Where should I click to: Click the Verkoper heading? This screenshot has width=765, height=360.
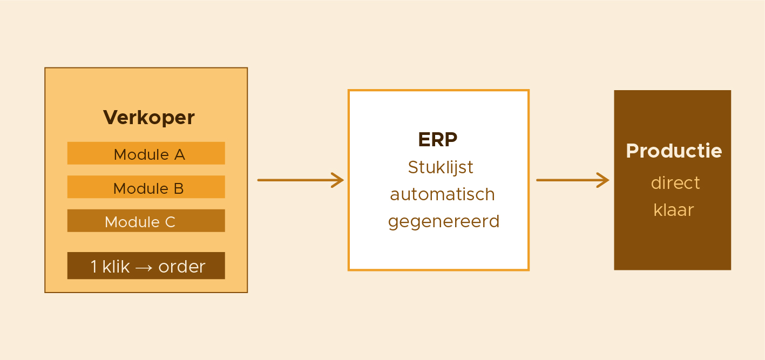[x=149, y=118]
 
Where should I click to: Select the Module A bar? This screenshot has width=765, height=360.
[x=146, y=153]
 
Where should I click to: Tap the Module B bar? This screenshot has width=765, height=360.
[x=146, y=187]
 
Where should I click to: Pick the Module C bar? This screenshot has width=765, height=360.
[x=146, y=221]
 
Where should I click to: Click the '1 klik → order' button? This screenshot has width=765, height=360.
[x=146, y=266]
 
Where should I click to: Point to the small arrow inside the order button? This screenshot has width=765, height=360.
[x=144, y=268]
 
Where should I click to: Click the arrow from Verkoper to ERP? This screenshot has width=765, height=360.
[x=301, y=180]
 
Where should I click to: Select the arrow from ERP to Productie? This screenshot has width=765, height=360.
[x=573, y=180]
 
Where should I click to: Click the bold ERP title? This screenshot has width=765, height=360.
[x=438, y=139]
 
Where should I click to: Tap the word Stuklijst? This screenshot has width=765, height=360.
[x=441, y=168]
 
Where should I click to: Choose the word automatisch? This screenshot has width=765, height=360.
[x=442, y=195]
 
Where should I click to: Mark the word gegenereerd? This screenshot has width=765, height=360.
[x=444, y=222]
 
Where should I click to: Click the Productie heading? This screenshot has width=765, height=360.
[x=674, y=151]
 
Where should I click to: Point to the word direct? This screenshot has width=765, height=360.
[x=675, y=183]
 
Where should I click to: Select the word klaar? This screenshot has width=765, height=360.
[x=674, y=209]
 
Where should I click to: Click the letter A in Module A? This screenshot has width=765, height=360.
[x=180, y=155]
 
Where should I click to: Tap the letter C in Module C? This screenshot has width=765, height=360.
[x=170, y=222]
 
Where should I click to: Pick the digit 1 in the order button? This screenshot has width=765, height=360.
[x=94, y=267]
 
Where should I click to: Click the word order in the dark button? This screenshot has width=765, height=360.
[x=182, y=267]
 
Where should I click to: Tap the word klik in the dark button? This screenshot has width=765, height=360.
[x=116, y=267]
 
